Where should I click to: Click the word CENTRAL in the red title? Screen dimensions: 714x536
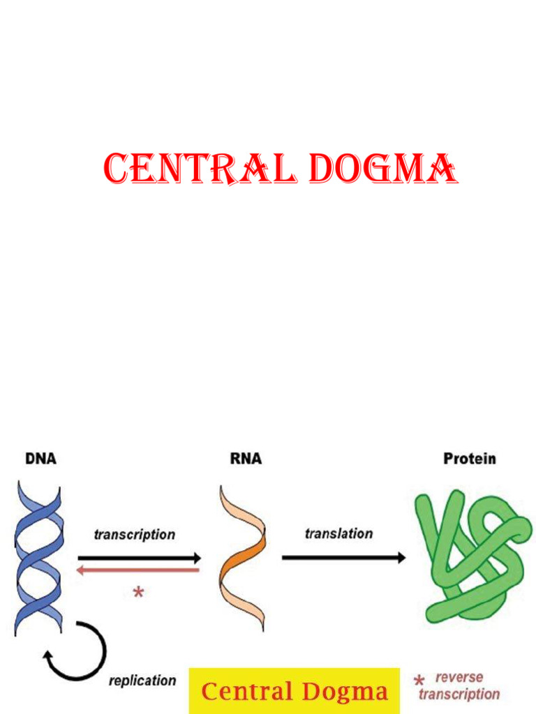coord(200,169)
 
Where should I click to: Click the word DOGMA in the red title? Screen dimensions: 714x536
coord(383,169)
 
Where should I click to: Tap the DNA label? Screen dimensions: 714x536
coord(40,459)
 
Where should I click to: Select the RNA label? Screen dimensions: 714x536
coord(246,459)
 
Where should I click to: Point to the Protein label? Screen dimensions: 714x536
coord(470,459)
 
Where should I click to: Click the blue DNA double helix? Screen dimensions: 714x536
coord(39,558)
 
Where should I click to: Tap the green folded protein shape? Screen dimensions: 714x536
coord(471,558)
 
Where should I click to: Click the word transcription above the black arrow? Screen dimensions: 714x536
coord(135,535)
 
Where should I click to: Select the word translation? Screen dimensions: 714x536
coord(338,534)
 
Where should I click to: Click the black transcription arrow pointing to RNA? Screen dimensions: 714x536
coord(140,558)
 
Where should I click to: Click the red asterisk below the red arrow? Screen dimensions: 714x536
coord(138,593)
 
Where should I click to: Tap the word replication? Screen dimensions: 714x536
coord(142,681)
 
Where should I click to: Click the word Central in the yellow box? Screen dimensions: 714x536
coord(246,692)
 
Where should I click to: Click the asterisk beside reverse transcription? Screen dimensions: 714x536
coord(419,681)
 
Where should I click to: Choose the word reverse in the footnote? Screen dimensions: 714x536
coord(459,677)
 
